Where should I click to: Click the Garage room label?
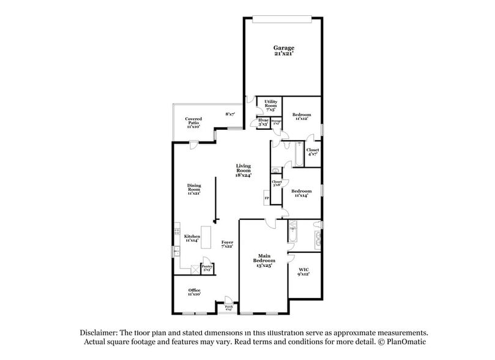pyautogui.click(x=283, y=50)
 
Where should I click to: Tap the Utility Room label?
pyautogui.click(x=271, y=104)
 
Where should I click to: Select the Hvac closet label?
pyautogui.click(x=264, y=121)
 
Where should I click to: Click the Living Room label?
pyautogui.click(x=244, y=170)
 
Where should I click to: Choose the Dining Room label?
pyautogui.click(x=194, y=190)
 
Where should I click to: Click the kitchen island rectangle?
pyautogui.click(x=207, y=236)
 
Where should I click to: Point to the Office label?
pyautogui.click(x=194, y=292)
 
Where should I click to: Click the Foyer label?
pyautogui.click(x=227, y=244)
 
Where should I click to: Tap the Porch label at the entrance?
pyautogui.click(x=229, y=307)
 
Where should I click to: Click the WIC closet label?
pyautogui.click(x=303, y=271)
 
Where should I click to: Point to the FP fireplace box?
pyautogui.click(x=267, y=198)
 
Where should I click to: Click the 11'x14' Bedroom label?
pyautogui.click(x=301, y=193)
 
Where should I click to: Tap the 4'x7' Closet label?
pyautogui.click(x=313, y=152)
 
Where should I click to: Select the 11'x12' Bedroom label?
pyautogui.click(x=302, y=116)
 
